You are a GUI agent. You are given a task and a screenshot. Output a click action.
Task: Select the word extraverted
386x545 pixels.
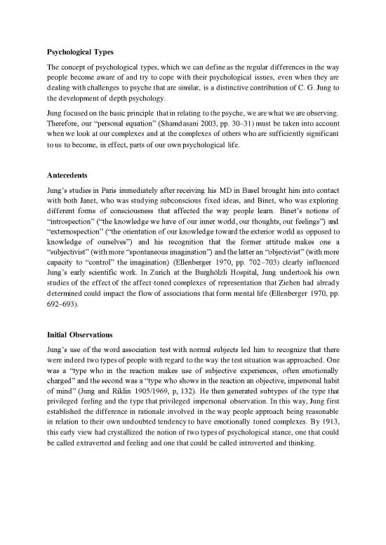point(102,464)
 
